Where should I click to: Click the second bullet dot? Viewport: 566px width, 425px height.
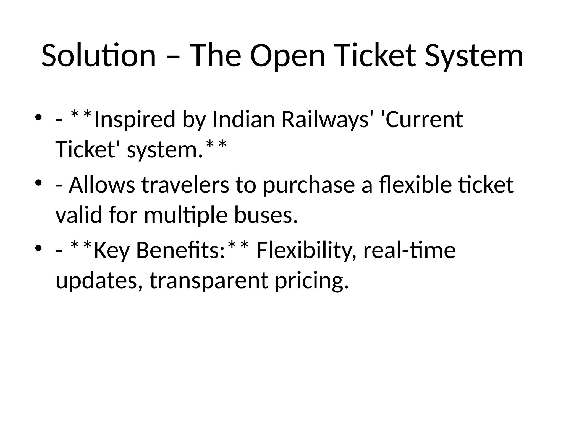click(38, 182)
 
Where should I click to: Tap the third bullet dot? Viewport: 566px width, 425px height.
click(38, 248)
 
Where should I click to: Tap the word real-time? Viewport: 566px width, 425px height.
click(409, 250)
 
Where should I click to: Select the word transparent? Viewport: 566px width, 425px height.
click(209, 281)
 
